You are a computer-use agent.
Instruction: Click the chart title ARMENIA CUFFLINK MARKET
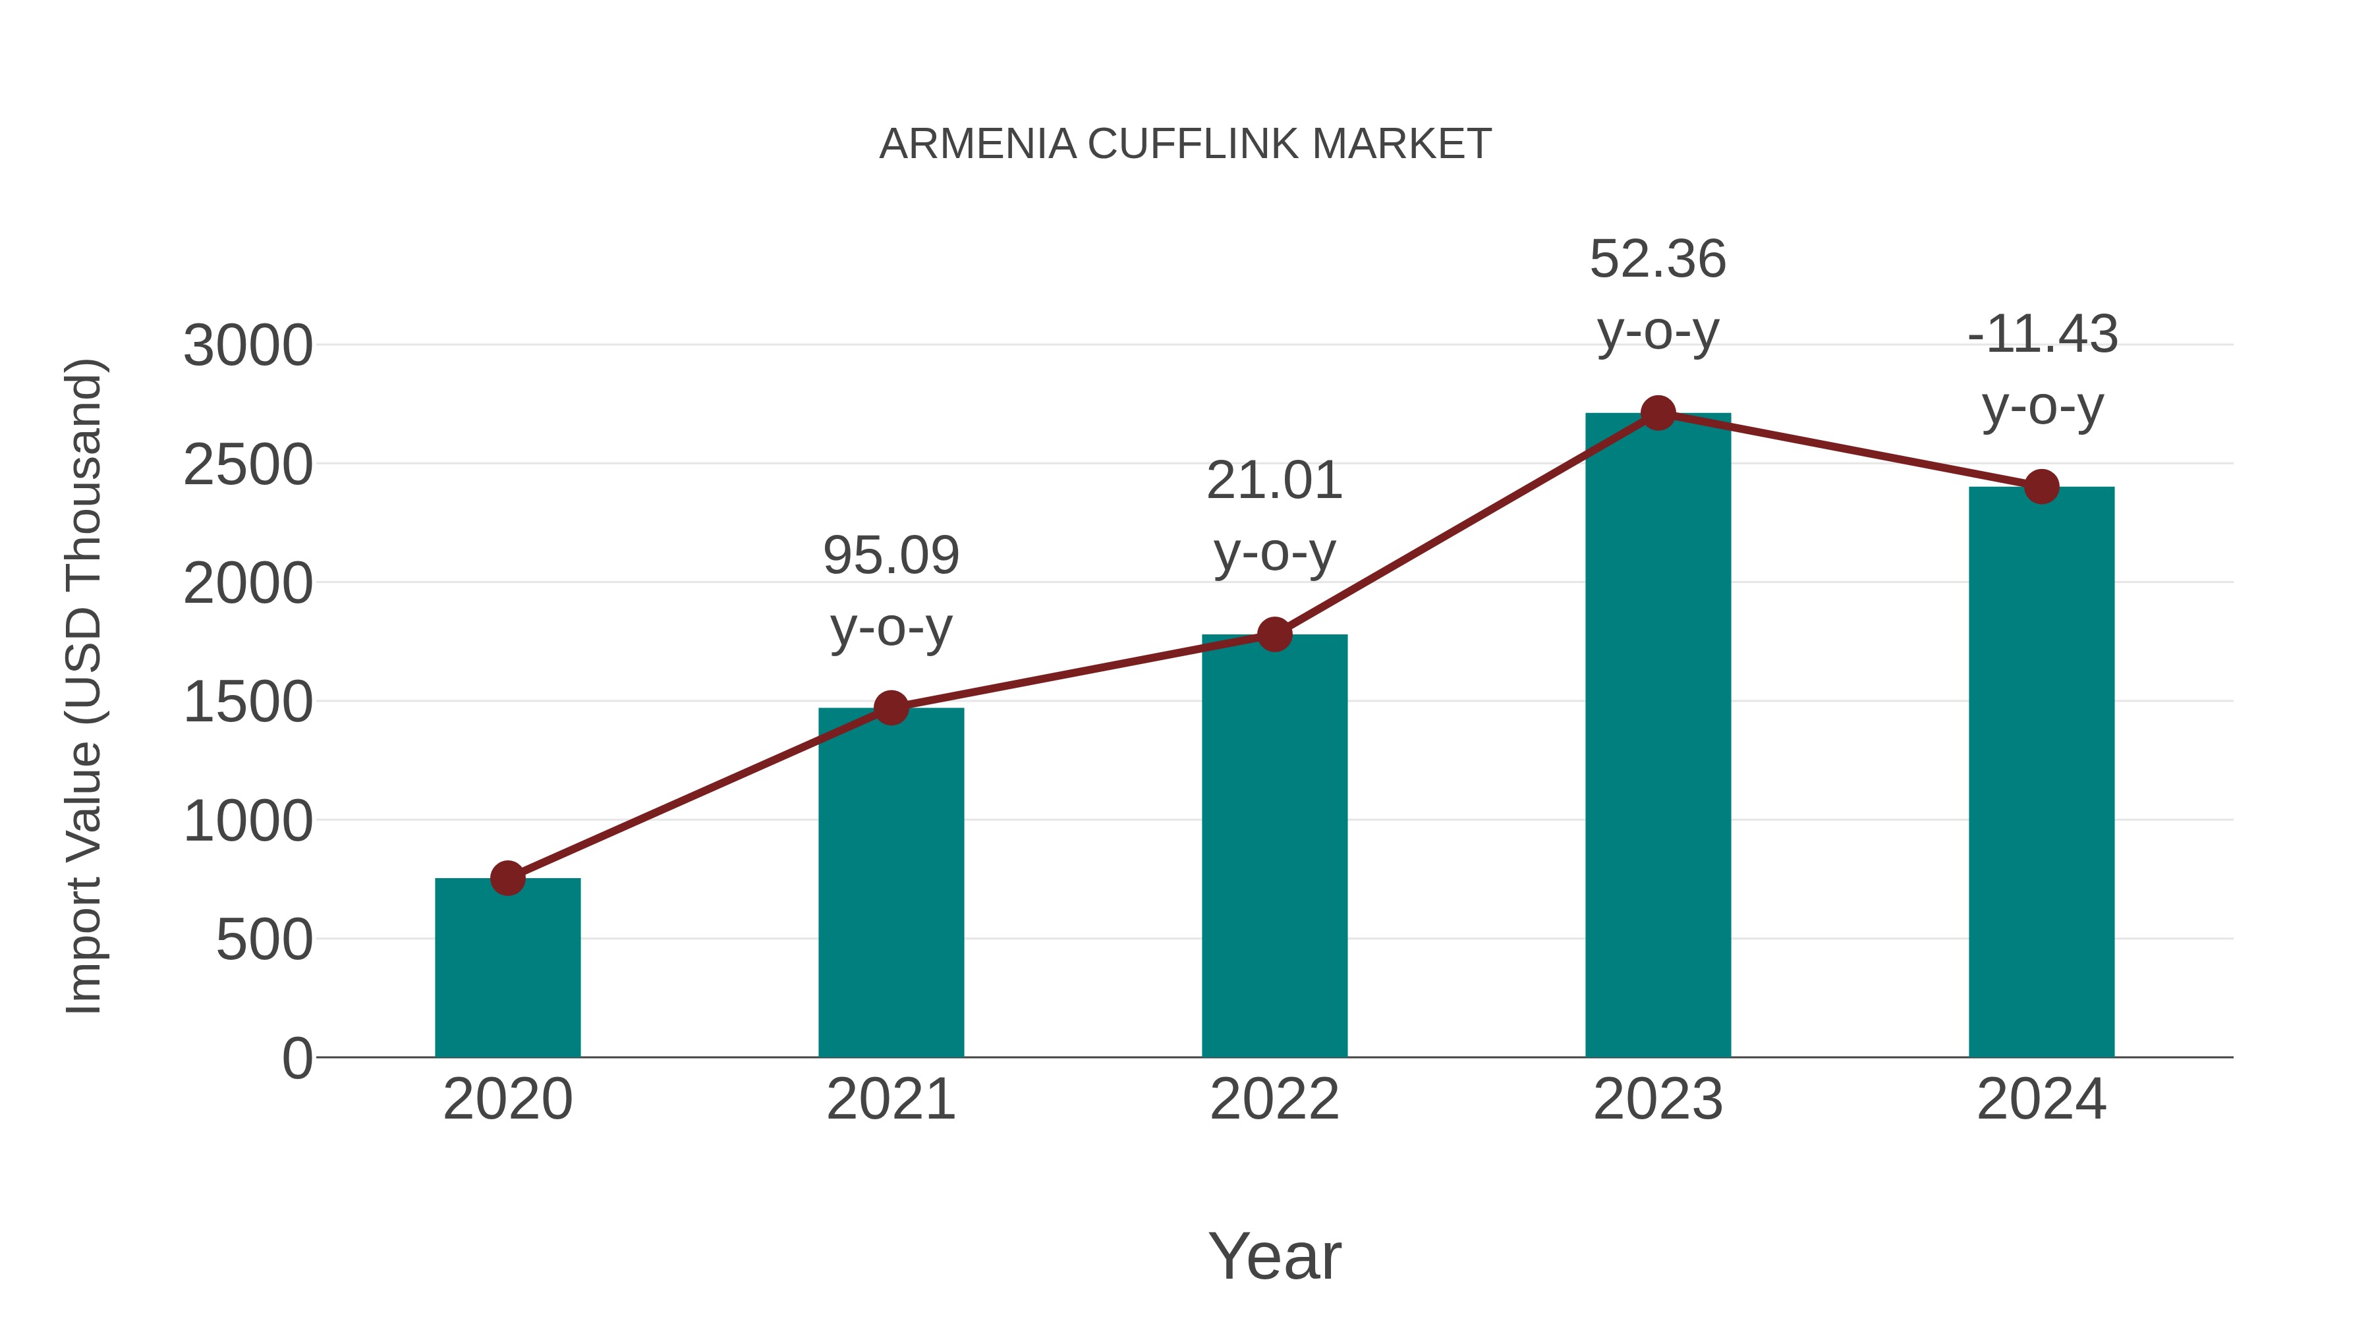(1185, 144)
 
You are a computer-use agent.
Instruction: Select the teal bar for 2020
(507, 966)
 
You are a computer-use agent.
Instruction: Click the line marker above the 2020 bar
(507, 878)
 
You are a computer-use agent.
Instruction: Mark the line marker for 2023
(1658, 413)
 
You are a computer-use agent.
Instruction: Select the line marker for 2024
(2041, 487)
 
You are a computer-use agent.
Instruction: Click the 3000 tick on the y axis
(248, 347)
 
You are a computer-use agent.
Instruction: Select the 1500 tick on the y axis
(248, 704)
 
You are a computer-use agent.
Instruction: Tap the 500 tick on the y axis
(264, 941)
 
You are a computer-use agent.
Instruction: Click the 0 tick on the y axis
(297, 1059)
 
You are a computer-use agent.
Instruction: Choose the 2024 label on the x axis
(2041, 1100)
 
